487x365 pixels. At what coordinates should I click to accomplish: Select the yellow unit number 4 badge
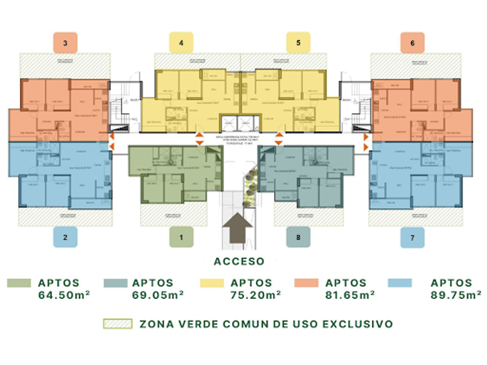pos(181,43)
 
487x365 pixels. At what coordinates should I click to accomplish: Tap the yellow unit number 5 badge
pos(298,43)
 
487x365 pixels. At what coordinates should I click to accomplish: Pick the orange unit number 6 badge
pos(412,43)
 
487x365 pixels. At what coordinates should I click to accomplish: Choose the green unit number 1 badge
pos(181,237)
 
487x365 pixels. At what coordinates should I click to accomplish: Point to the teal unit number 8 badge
pos(298,237)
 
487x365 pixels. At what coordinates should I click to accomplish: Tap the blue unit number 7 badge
pos(412,237)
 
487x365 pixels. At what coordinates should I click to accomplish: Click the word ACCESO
pos(239,261)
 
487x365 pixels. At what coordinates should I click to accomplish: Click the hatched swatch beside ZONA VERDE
pos(117,324)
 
